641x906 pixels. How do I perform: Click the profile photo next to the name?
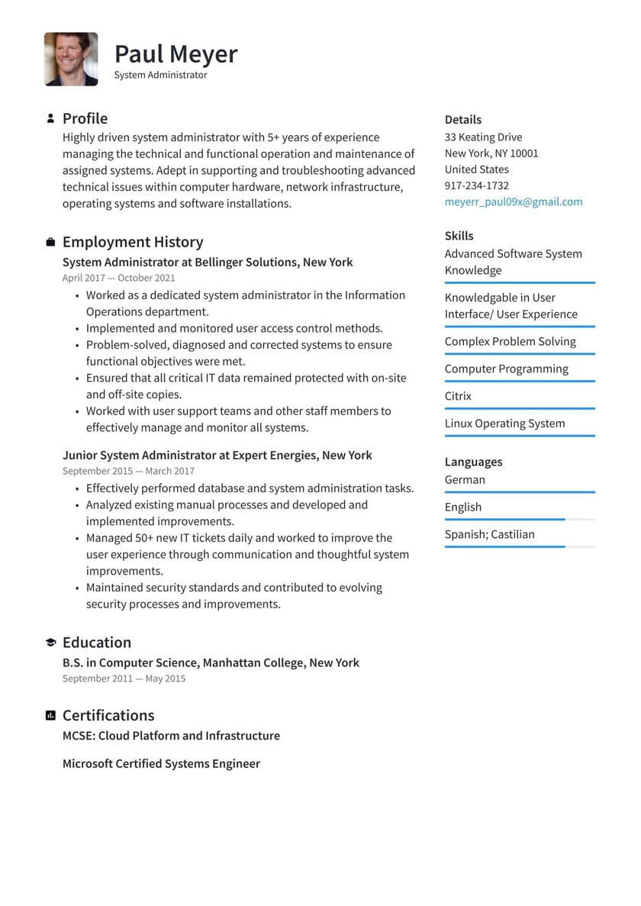[x=71, y=59]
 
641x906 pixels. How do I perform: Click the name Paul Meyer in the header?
[x=176, y=54]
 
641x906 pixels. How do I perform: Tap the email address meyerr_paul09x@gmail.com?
[x=513, y=202]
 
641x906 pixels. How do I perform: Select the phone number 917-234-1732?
[x=476, y=185]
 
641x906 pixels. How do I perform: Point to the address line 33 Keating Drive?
[x=483, y=137]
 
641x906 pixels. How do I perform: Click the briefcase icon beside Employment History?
[x=50, y=242]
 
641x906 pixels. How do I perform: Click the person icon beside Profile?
[x=50, y=118]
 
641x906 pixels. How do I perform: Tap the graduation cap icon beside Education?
[x=50, y=643]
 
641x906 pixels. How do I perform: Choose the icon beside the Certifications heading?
[x=50, y=715]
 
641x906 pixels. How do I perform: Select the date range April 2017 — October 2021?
[x=118, y=278]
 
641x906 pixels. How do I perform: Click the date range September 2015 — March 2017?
[x=128, y=471]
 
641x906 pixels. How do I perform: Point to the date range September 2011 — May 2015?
[x=124, y=679]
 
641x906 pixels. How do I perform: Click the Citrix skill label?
[x=458, y=396]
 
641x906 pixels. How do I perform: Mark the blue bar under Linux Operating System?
[x=519, y=436]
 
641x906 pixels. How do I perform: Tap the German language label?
[x=465, y=479]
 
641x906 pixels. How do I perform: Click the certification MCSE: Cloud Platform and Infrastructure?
[x=171, y=736]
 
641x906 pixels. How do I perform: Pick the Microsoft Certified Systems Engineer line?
[x=161, y=763]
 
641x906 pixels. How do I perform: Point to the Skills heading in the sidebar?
[x=459, y=236]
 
